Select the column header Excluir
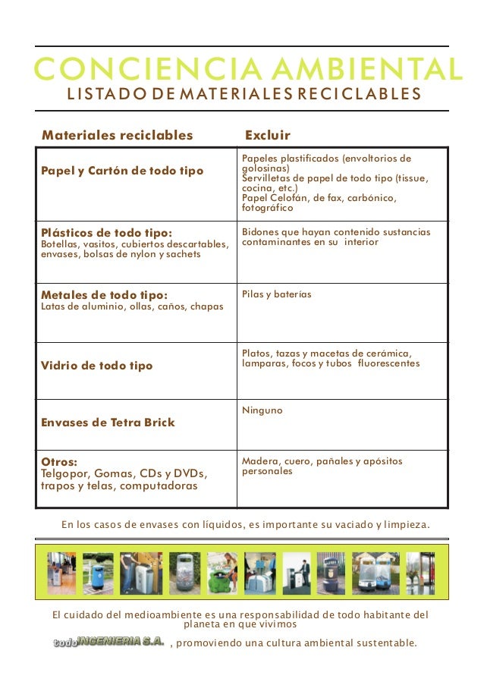click(x=267, y=135)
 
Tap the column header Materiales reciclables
click(x=118, y=135)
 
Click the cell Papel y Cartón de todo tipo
click(x=122, y=171)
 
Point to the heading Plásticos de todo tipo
click(x=106, y=232)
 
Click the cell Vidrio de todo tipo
click(x=96, y=366)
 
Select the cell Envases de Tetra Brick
click(x=108, y=423)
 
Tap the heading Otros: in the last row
click(x=60, y=461)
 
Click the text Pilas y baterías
click(x=276, y=294)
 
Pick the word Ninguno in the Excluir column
click(x=262, y=410)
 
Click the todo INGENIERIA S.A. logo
click(x=108, y=642)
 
